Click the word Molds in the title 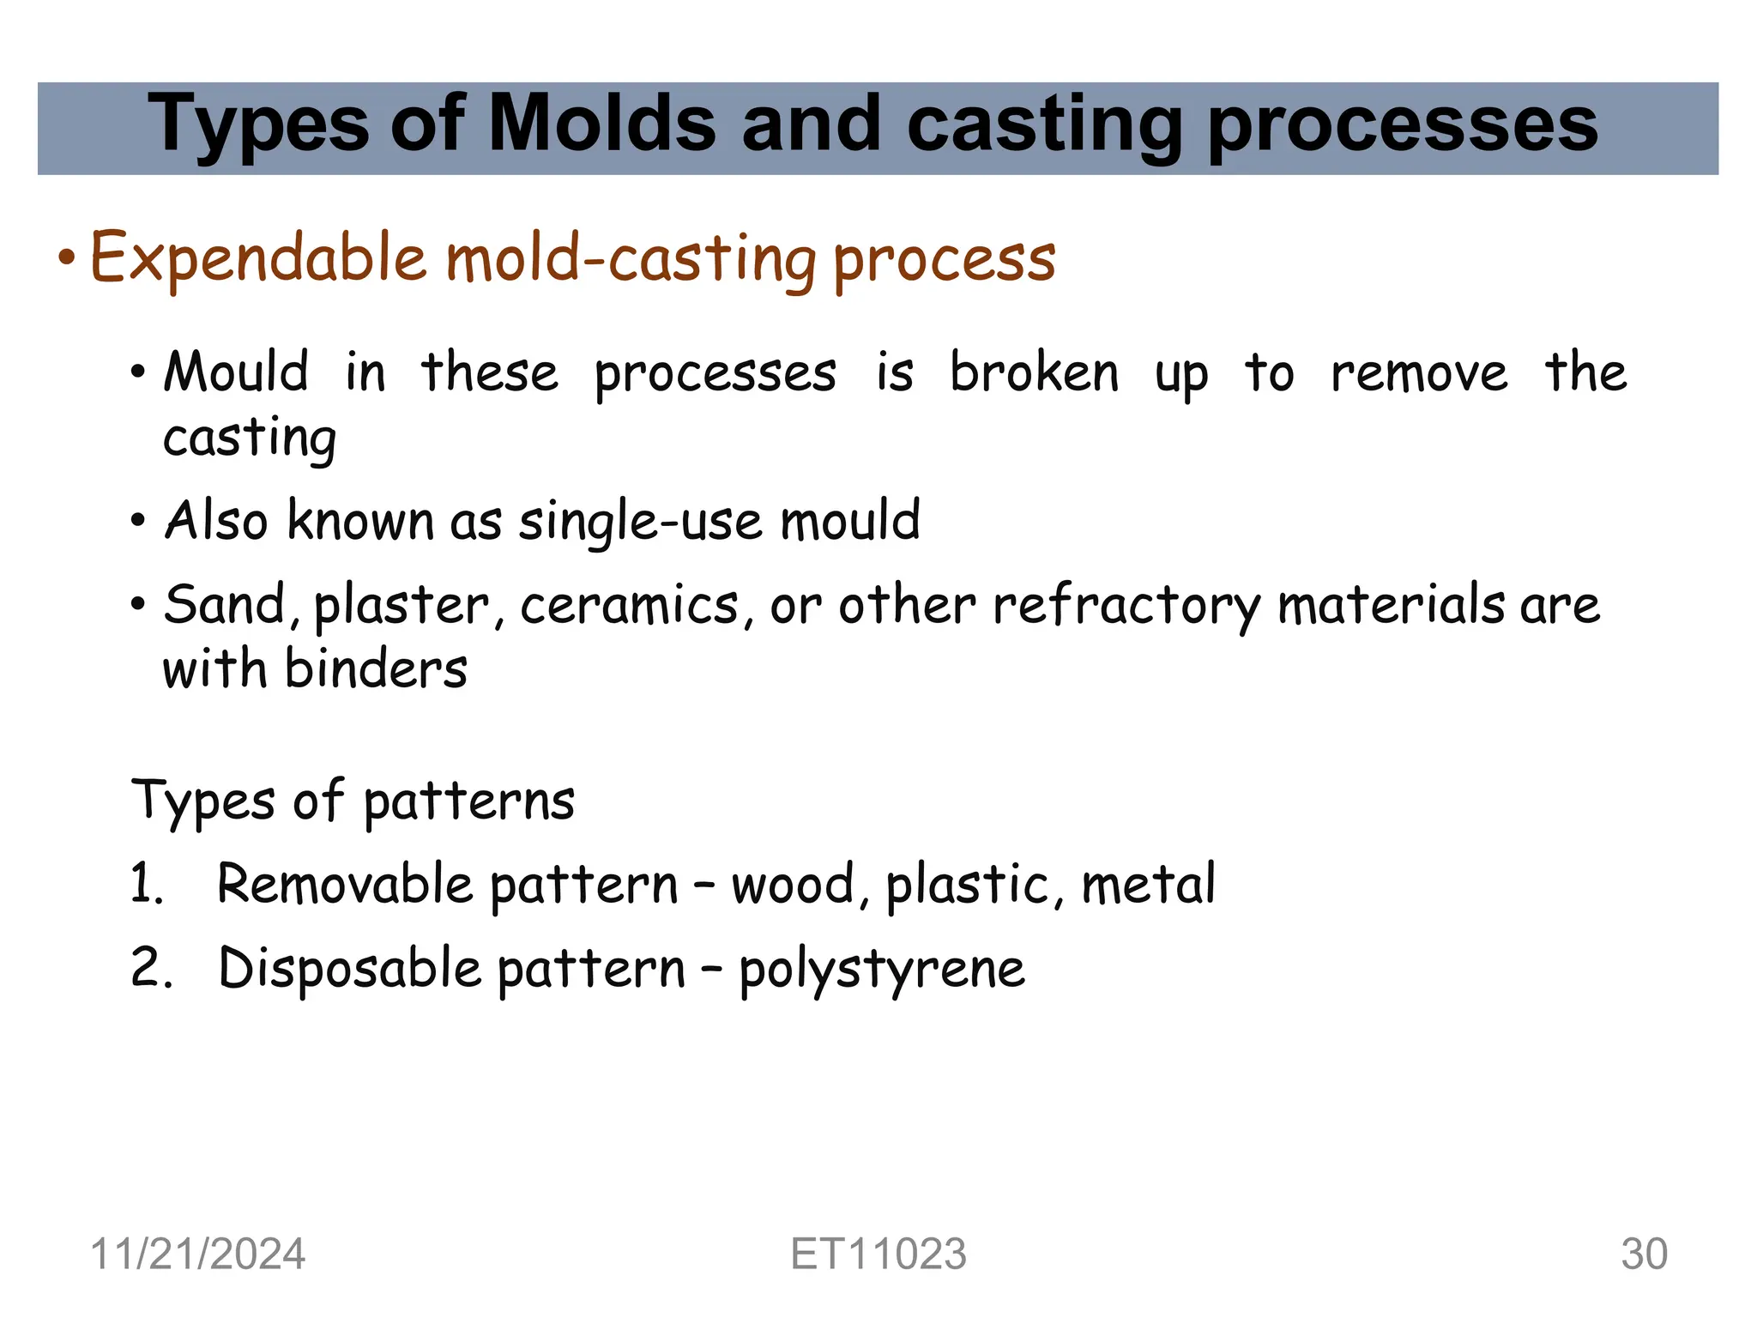pos(601,125)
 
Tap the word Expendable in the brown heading pos(257,257)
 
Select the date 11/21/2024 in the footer pos(197,1254)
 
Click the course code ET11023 pos(878,1254)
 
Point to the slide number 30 pos(1644,1254)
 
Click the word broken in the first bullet pos(1034,373)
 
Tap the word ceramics pos(629,605)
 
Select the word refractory pos(1126,605)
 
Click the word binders pos(376,668)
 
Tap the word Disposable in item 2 pos(349,968)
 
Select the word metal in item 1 pos(1148,884)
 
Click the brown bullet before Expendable pos(67,258)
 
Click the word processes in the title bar pos(1402,125)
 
